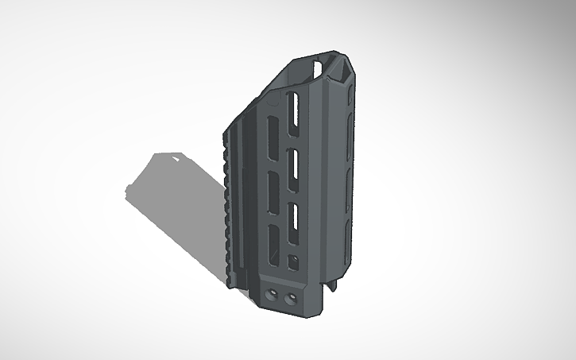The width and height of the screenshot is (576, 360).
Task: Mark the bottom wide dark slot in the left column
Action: pos(272,242)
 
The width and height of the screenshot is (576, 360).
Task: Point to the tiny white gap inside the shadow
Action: pos(176,159)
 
